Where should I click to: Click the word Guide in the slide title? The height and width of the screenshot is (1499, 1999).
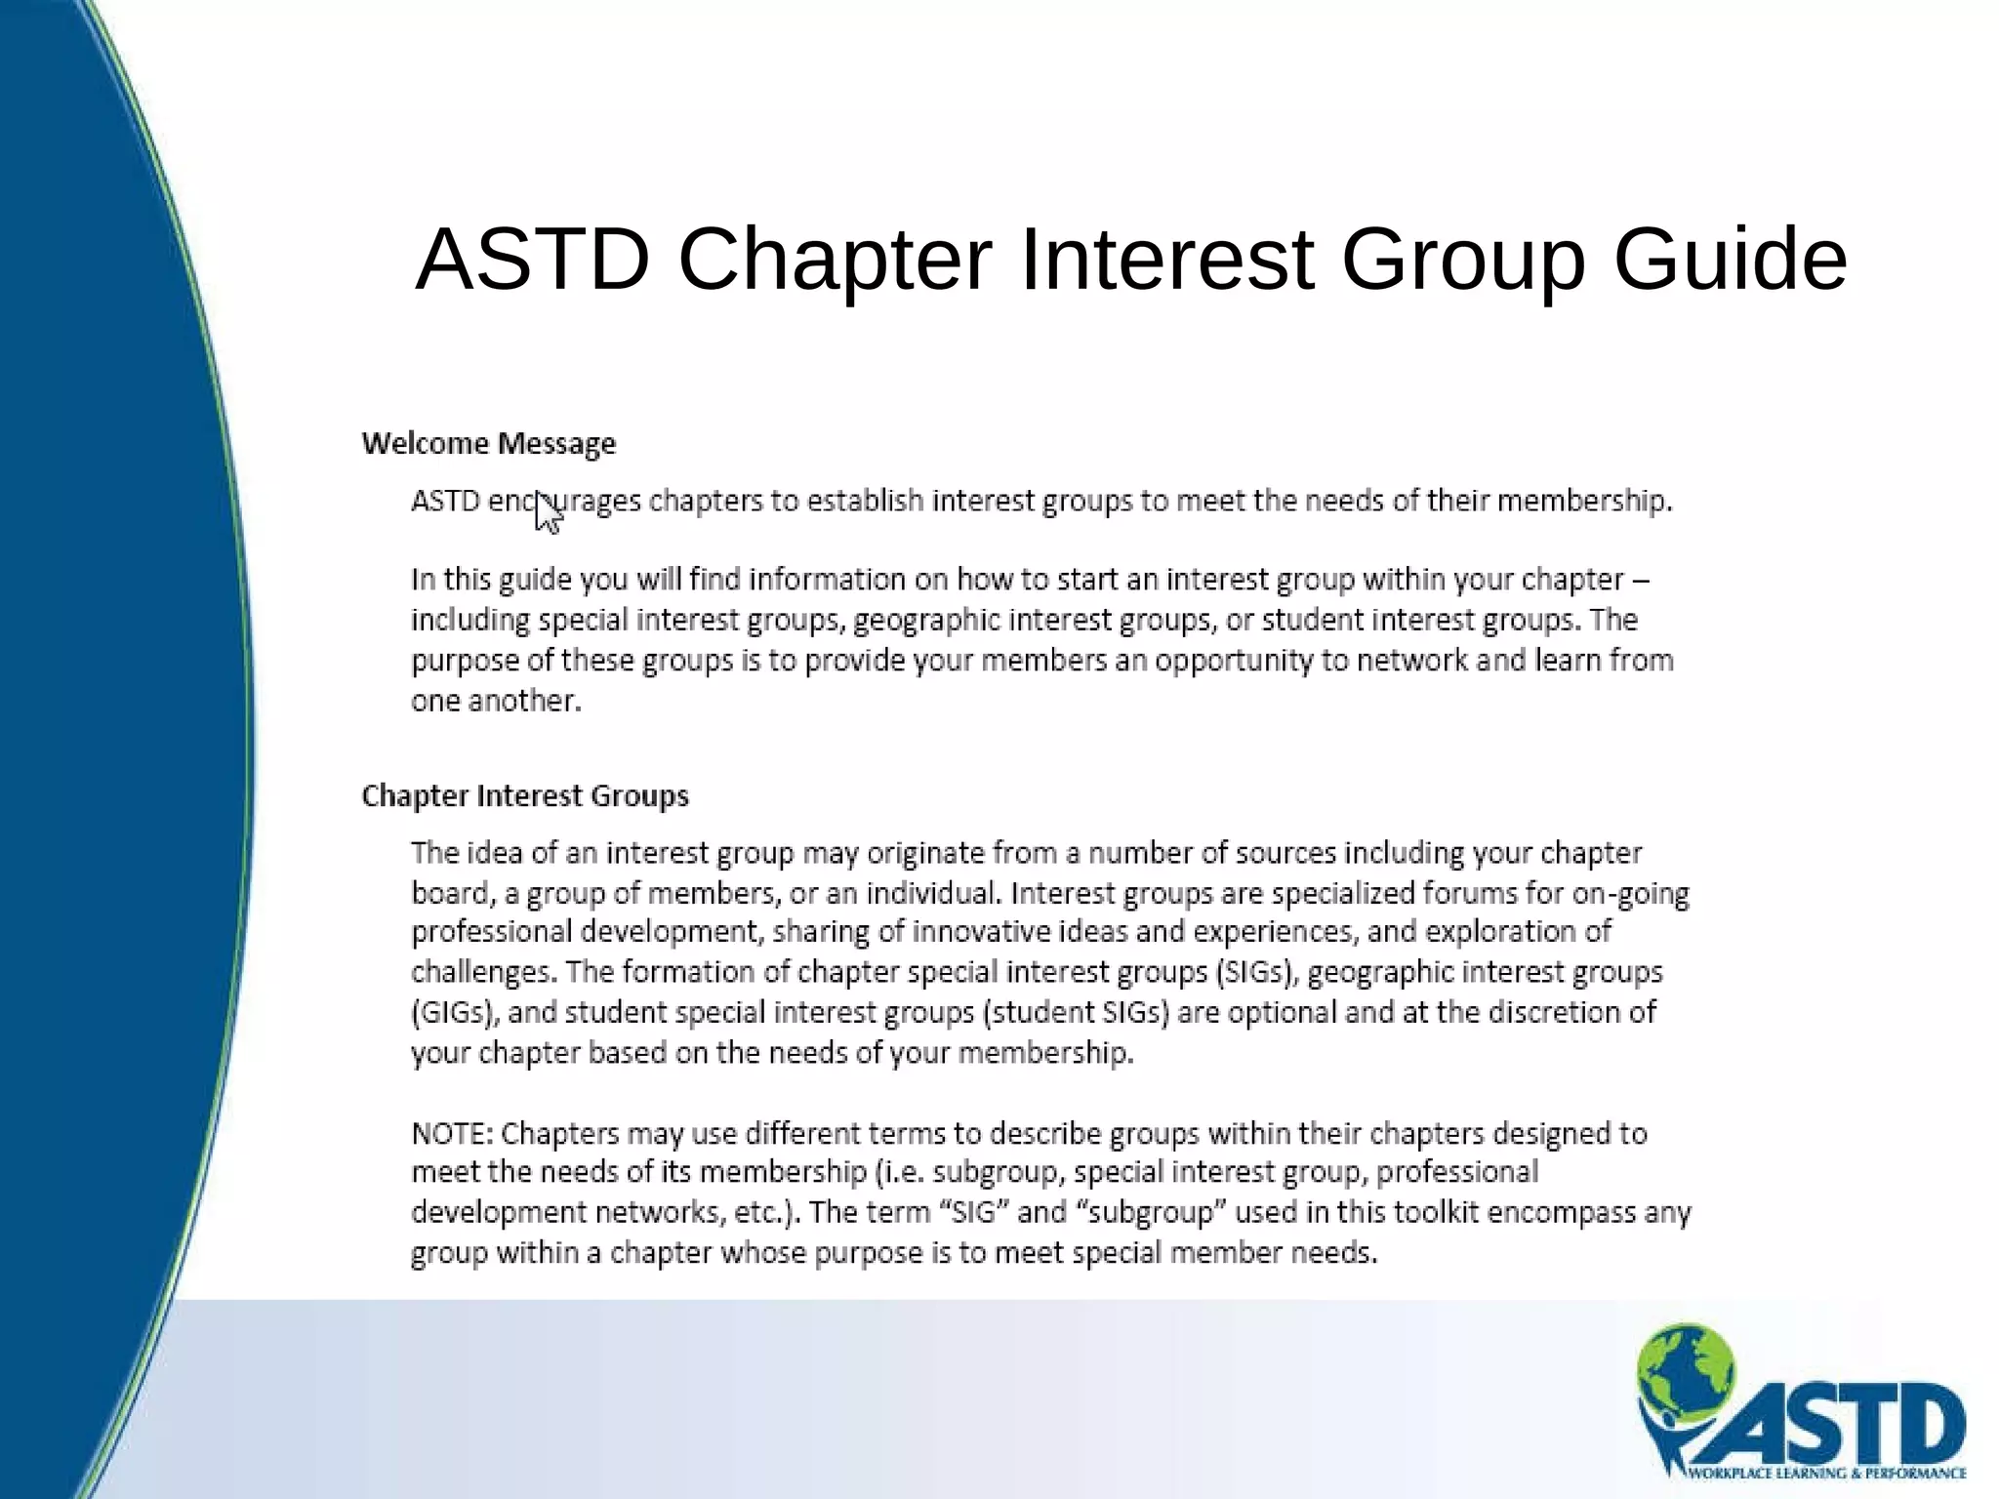click(1730, 260)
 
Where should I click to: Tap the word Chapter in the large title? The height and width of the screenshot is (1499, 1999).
click(835, 260)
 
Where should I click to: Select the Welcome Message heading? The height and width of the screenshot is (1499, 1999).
click(488, 444)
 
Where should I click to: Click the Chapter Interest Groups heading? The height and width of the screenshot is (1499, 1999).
click(525, 796)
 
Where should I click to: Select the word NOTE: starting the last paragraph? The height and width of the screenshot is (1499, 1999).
click(454, 1134)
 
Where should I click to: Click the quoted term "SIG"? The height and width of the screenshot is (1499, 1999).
click(973, 1212)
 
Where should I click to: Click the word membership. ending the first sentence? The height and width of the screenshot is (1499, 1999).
click(1584, 502)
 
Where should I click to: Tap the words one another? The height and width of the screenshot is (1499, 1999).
click(496, 702)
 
